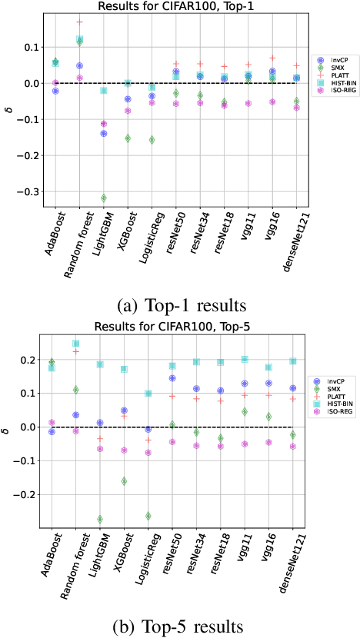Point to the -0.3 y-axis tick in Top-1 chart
click(x=31, y=191)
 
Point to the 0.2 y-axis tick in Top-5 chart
click(x=31, y=360)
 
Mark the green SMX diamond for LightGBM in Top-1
click(x=103, y=198)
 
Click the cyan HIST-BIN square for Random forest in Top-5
click(x=76, y=344)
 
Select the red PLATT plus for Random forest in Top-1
click(x=80, y=22)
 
